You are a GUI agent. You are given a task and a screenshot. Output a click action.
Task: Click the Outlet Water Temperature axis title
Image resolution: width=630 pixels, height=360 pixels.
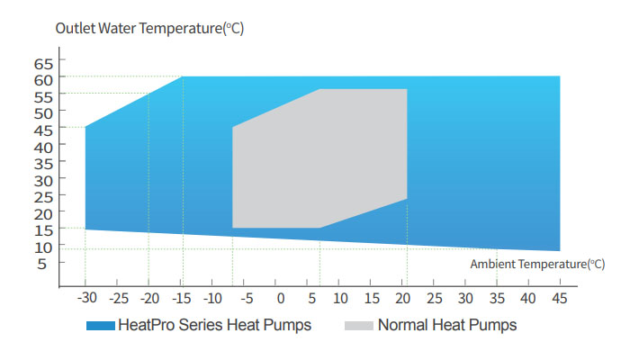click(149, 28)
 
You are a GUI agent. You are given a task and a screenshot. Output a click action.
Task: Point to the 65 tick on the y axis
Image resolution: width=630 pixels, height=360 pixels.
click(44, 62)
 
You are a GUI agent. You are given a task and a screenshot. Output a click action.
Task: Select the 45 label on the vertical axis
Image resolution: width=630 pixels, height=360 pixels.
click(44, 129)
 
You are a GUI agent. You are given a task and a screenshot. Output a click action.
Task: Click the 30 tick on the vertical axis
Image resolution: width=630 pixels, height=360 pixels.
click(44, 179)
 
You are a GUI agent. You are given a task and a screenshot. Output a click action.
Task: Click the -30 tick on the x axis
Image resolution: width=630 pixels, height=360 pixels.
click(87, 298)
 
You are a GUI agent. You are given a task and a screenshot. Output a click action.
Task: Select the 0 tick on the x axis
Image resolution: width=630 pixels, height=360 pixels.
click(280, 298)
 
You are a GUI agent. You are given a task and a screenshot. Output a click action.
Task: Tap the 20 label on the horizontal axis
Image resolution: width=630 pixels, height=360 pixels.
click(404, 298)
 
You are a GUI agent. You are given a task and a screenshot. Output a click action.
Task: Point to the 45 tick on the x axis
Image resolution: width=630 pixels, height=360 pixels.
click(559, 298)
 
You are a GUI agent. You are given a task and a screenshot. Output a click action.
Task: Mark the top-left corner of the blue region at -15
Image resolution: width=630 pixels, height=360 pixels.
click(183, 77)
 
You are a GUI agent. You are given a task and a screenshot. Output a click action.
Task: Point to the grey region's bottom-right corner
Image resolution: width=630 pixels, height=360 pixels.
click(407, 198)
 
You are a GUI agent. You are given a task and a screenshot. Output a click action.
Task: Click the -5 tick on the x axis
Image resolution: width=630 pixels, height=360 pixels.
click(247, 298)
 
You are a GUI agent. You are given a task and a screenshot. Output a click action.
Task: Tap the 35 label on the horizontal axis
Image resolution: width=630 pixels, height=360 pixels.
click(497, 298)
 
